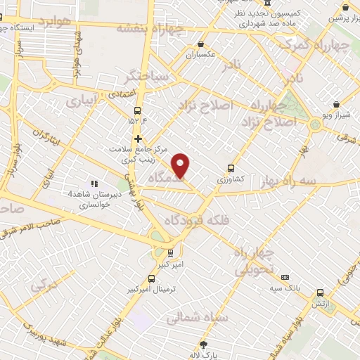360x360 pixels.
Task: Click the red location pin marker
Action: click(x=182, y=165)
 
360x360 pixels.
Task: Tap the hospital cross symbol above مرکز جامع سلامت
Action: click(x=139, y=139)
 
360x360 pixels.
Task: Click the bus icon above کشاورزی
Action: click(x=231, y=168)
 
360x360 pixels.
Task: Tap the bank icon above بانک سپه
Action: click(x=285, y=277)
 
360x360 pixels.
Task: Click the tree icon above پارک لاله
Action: click(x=205, y=344)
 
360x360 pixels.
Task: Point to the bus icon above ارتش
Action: click(x=321, y=292)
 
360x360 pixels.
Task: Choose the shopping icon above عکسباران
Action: click(x=201, y=43)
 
